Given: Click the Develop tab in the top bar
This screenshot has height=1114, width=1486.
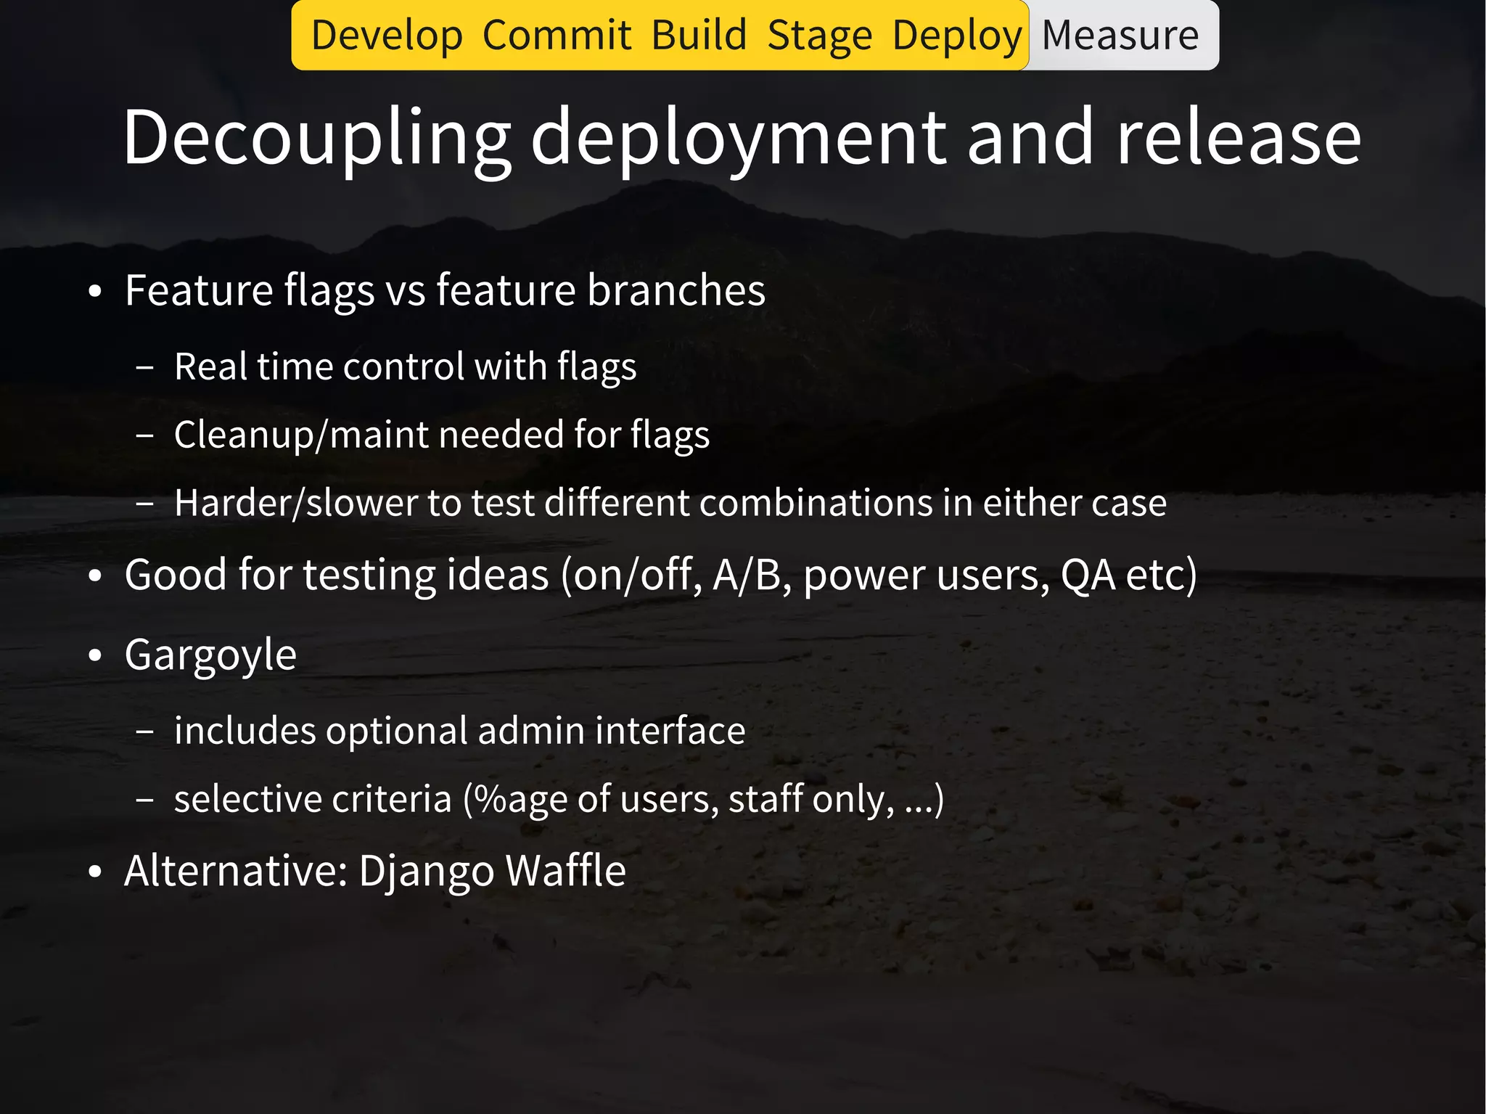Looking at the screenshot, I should coord(387,36).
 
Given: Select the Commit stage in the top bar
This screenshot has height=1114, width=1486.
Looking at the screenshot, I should coord(557,36).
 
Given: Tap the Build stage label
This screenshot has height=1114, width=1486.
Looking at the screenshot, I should coord(699,36).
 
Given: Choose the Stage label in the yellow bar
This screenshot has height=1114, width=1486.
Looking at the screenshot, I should coord(819,36).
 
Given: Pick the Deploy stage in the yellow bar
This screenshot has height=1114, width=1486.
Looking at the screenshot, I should coord(957,36).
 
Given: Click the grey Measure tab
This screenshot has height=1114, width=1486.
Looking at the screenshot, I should coord(1120,36).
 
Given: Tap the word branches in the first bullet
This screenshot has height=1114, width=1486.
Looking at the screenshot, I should coord(676,290).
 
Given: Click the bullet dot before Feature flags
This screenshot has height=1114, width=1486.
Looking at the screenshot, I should coord(95,292).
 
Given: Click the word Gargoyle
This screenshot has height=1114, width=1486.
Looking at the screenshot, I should coord(210,655).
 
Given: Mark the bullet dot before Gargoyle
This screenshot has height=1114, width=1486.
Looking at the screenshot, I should coord(95,656).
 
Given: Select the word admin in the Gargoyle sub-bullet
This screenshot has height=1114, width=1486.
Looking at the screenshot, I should coord(531,730).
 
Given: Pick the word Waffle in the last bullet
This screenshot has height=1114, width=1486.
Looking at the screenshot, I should coord(565,870).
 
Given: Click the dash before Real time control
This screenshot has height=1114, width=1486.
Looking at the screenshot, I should coord(144,368).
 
